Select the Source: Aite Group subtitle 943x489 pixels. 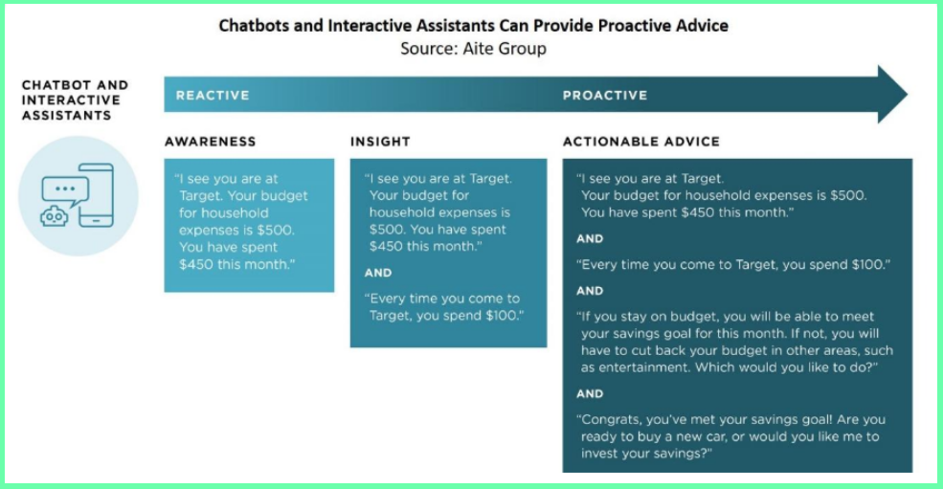[473, 48]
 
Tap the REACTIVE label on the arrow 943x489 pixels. [213, 96]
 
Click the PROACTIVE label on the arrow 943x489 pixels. [604, 96]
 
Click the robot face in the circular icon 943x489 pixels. [54, 216]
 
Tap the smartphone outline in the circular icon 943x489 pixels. [96, 195]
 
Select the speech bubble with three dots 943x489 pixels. [64, 189]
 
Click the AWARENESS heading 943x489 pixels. [210, 142]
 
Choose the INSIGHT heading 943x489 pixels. [380, 142]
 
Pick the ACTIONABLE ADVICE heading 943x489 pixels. [640, 142]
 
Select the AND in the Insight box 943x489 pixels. [378, 273]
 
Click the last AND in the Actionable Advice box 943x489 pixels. [590, 394]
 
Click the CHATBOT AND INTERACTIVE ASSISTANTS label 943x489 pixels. [75, 100]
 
